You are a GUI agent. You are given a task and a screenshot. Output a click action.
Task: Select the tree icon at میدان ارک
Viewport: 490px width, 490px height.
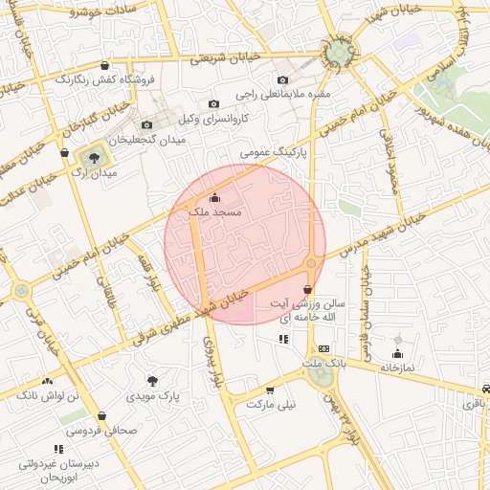click(x=94, y=156)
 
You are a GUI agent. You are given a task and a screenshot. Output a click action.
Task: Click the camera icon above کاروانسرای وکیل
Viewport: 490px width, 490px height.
click(x=213, y=103)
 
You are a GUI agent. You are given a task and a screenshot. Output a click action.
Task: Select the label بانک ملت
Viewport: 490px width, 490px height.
click(x=326, y=364)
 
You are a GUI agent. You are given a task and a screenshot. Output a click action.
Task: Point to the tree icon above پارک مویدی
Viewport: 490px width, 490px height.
click(x=152, y=380)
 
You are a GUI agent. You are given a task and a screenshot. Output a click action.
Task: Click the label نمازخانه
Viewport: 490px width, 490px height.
click(x=397, y=367)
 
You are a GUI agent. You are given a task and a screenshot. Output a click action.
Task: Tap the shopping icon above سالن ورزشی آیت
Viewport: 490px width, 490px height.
click(x=306, y=289)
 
